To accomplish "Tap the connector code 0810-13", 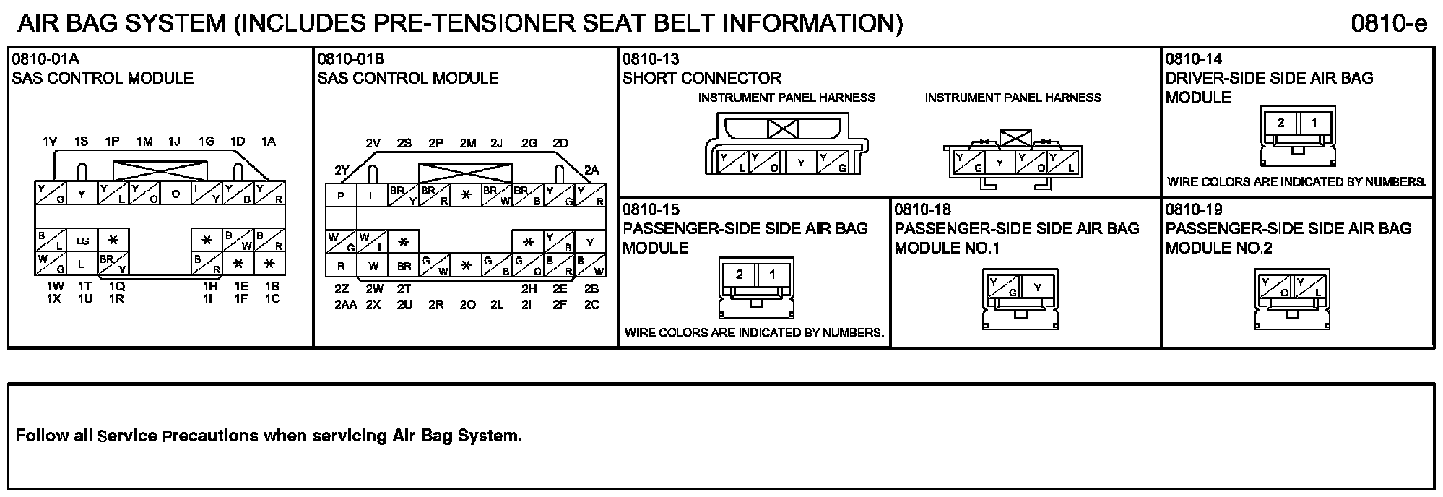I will pyautogui.click(x=651, y=59).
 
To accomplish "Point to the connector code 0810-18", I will pyautogui.click(x=922, y=210).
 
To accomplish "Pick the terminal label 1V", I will pyautogui.click(x=49, y=142).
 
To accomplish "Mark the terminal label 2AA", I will pyautogui.click(x=346, y=305).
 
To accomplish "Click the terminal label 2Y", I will pyautogui.click(x=342, y=171).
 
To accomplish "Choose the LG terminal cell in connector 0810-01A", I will pyautogui.click(x=82, y=241).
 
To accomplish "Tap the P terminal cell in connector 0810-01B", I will pyautogui.click(x=341, y=196).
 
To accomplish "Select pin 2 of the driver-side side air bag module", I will pyautogui.click(x=1280, y=123).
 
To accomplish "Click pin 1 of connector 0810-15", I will pyautogui.click(x=773, y=275).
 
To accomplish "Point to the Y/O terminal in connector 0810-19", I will pyautogui.click(x=1275, y=287).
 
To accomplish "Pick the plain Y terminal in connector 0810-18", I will pyautogui.click(x=1038, y=287).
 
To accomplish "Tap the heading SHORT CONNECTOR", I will pyautogui.click(x=701, y=78).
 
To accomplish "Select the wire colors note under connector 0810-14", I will pyautogui.click(x=1296, y=182).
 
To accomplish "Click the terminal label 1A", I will pyautogui.click(x=269, y=142).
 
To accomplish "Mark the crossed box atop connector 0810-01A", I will pyautogui.click(x=160, y=170).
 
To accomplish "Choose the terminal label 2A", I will pyautogui.click(x=591, y=171).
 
